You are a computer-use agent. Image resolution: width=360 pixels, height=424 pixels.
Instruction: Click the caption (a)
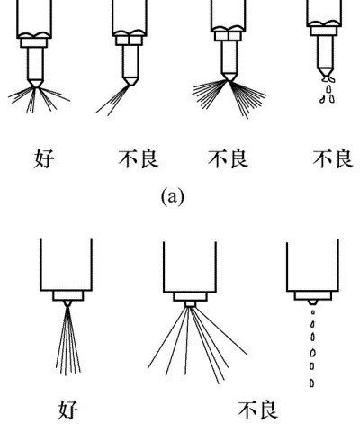point(173,197)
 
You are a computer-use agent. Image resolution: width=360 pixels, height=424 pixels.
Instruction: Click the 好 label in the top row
point(44,158)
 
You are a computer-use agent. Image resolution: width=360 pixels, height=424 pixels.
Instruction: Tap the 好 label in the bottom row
point(68,410)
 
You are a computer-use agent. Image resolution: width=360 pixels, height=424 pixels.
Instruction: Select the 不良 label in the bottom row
point(257,410)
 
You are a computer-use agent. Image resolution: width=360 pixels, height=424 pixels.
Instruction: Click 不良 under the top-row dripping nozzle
point(333,158)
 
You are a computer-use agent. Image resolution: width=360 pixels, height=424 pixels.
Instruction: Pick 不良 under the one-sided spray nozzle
point(139,158)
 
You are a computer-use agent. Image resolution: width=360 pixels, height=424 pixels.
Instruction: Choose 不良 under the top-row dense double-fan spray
point(228,158)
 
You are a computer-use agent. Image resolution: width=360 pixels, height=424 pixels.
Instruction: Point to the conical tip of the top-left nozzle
point(35,83)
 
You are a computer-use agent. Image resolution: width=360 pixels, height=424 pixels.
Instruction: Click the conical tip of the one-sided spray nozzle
point(130,81)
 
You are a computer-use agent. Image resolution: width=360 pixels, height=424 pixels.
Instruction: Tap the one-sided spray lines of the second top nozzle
point(112,100)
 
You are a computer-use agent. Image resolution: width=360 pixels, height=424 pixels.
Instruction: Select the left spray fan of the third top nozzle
point(210,94)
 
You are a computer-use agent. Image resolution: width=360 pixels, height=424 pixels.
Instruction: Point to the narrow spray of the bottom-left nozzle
point(68,340)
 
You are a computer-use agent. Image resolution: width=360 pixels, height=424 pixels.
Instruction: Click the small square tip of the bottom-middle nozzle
point(190,304)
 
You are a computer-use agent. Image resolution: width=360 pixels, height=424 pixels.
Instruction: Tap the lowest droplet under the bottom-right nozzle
point(312,383)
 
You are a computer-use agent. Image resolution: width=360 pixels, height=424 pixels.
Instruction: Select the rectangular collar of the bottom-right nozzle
point(313,295)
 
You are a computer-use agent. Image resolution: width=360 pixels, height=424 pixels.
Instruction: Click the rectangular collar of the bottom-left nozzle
point(68,295)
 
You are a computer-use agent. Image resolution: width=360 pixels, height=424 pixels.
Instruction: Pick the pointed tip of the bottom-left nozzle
point(67,303)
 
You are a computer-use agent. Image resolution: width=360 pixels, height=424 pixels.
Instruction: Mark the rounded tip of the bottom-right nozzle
point(312,302)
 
